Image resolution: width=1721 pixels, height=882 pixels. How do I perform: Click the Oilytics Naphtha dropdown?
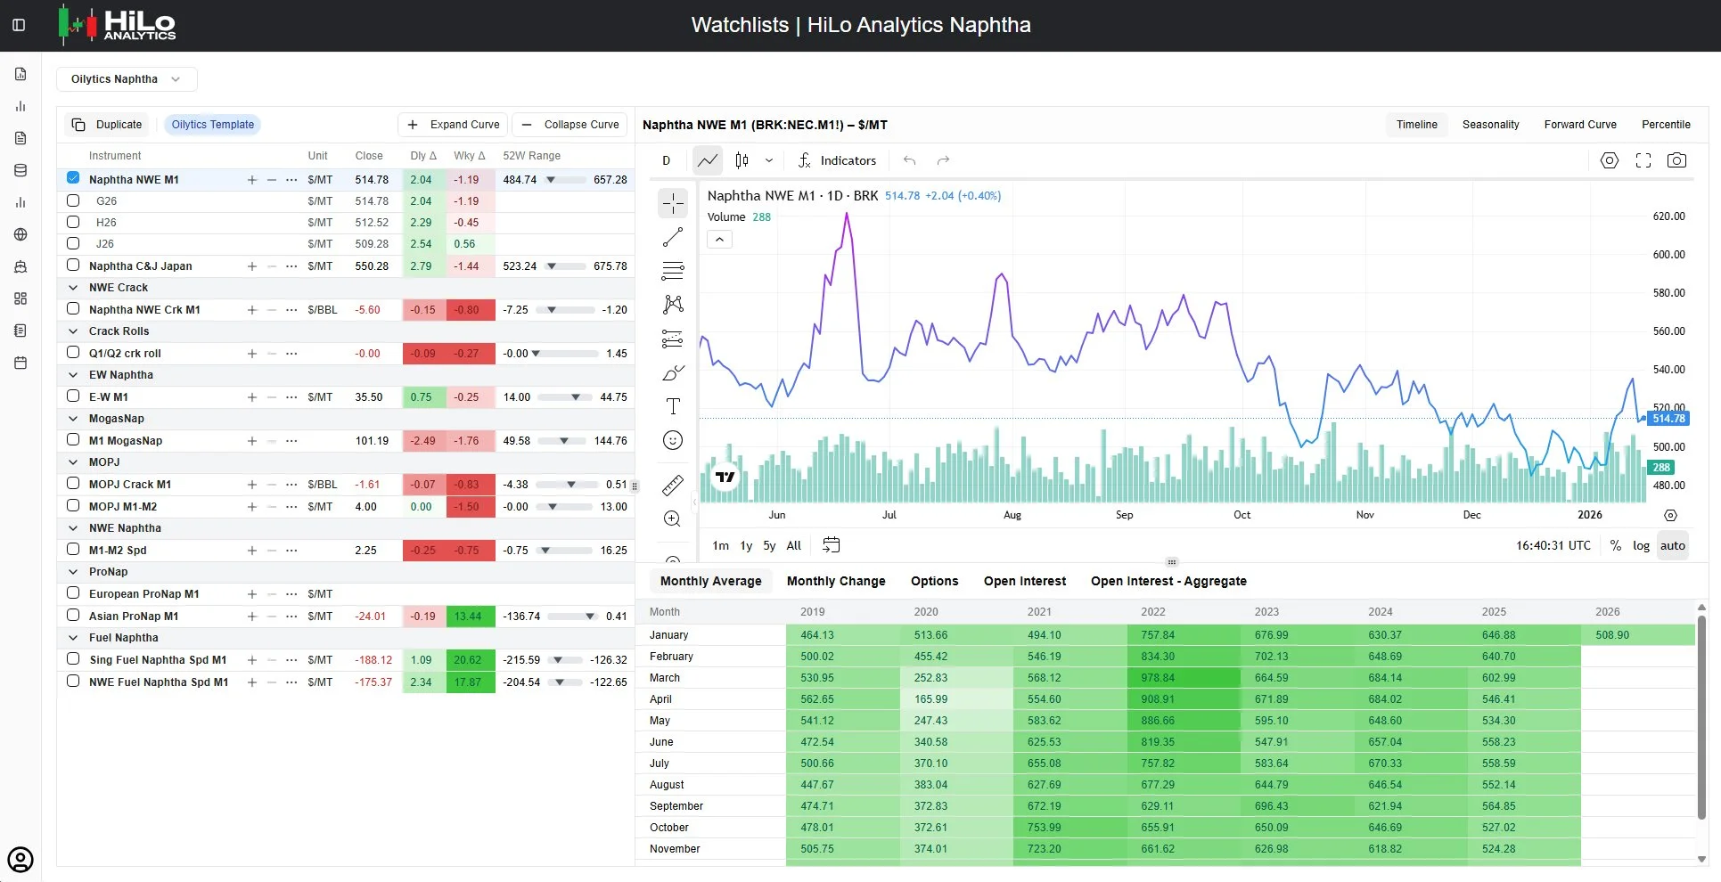[127, 79]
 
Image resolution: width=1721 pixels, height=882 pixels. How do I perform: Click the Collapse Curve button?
[570, 125]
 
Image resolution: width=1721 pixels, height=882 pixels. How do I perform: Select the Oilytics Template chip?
[213, 125]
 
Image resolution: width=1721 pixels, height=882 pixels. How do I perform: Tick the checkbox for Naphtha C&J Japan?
[73, 265]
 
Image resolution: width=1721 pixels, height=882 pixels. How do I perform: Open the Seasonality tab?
[1490, 125]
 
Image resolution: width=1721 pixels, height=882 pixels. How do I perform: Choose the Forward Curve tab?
[1580, 125]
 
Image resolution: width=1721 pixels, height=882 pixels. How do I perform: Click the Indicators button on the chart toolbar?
[837, 160]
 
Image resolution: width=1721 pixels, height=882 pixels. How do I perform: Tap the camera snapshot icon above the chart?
[1676, 160]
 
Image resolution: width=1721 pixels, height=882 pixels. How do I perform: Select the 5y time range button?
[769, 545]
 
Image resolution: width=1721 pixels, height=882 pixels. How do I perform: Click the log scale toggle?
[1641, 545]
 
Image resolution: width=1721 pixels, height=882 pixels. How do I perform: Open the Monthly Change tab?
[836, 581]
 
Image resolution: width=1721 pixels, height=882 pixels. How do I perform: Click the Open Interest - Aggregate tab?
[1168, 581]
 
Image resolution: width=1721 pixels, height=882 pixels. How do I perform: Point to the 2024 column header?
[1381, 612]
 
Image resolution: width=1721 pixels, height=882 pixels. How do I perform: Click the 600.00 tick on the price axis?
[1668, 255]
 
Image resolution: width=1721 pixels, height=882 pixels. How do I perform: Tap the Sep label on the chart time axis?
[1125, 515]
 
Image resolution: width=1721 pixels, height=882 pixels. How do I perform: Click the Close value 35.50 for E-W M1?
[369, 397]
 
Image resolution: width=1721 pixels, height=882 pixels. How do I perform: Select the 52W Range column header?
[531, 156]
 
